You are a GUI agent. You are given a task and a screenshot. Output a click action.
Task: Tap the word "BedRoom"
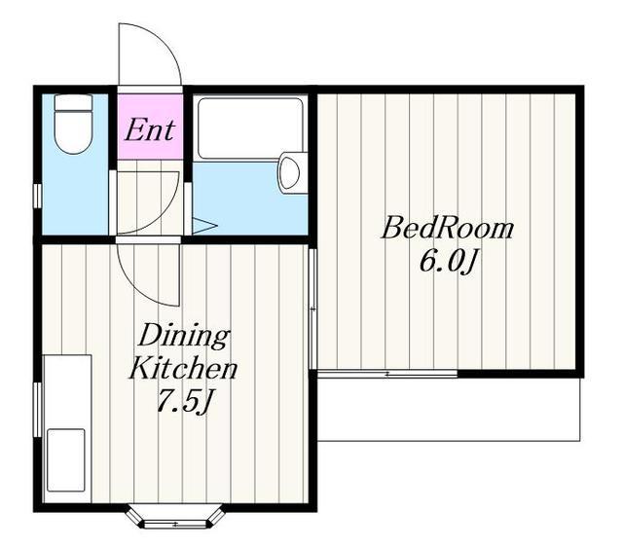click(x=448, y=228)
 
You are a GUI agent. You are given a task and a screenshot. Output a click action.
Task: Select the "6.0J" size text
click(x=448, y=263)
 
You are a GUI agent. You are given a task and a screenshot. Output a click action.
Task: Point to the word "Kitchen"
click(x=183, y=369)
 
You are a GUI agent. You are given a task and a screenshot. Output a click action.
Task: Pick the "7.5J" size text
click(x=184, y=401)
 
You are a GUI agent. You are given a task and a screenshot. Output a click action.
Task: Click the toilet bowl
click(x=73, y=132)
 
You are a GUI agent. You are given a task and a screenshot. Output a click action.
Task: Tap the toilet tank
click(x=73, y=102)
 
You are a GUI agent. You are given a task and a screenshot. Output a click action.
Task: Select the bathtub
click(x=250, y=128)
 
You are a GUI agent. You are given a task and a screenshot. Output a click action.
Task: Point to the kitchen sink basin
click(x=66, y=459)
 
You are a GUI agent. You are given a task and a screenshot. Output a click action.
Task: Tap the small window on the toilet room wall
click(x=37, y=196)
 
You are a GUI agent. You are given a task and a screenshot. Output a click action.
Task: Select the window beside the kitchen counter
click(x=37, y=410)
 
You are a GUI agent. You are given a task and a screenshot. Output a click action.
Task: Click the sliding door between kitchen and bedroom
click(x=313, y=310)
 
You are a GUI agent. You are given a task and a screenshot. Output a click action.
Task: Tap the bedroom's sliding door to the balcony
click(x=387, y=374)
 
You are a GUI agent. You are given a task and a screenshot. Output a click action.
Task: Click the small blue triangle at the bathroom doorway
click(x=204, y=226)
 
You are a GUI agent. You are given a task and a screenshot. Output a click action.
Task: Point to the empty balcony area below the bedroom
click(x=449, y=409)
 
